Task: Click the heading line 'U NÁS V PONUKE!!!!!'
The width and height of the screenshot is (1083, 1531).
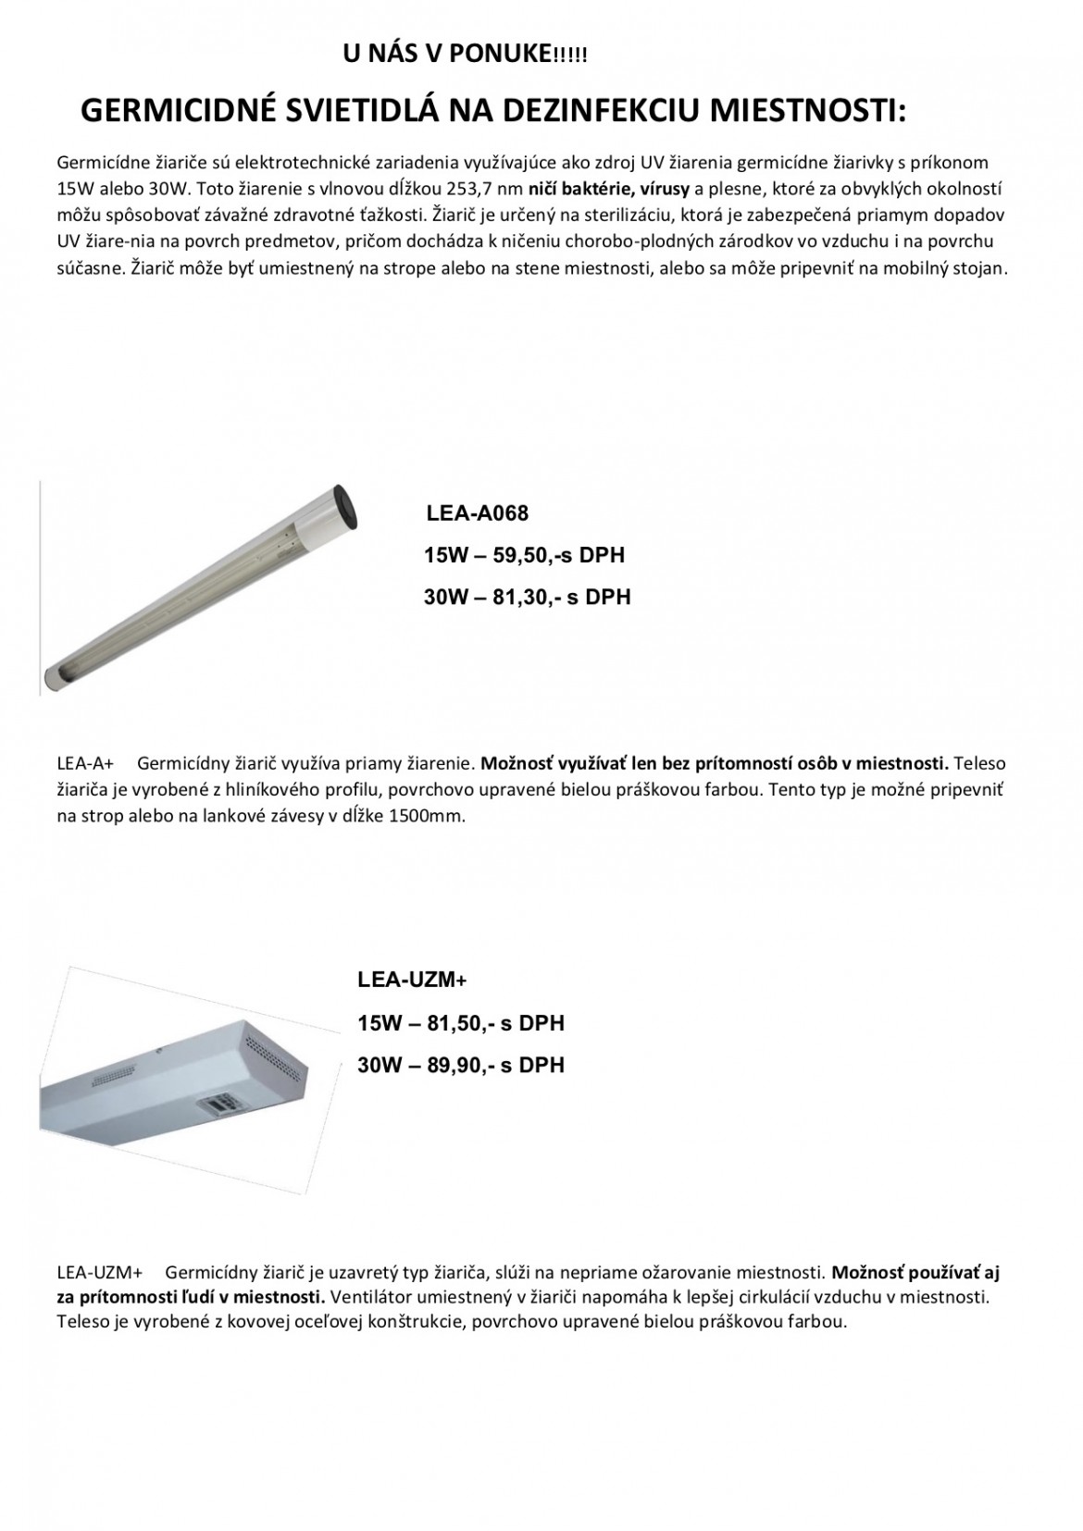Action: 465,56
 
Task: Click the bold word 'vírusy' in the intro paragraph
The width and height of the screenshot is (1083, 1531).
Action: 658,189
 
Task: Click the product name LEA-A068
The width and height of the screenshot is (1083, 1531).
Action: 477,513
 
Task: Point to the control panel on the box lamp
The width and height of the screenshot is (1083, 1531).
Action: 220,1104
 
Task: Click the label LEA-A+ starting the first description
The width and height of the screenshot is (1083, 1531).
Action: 84,764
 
